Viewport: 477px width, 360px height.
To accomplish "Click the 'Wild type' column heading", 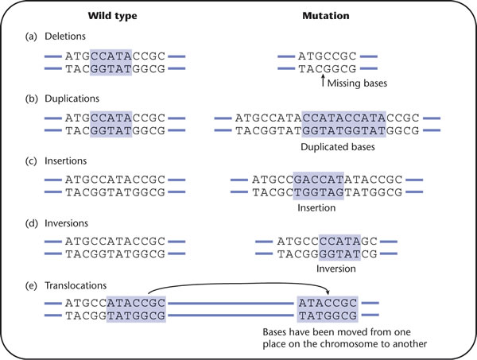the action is click(112, 16).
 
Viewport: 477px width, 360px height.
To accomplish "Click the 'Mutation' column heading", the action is click(326, 16).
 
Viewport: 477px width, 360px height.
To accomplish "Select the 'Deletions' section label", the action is click(65, 37).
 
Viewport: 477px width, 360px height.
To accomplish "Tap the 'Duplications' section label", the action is click(72, 99).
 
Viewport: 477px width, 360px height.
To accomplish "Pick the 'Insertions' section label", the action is click(66, 161).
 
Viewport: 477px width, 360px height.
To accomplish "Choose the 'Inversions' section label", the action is click(66, 223).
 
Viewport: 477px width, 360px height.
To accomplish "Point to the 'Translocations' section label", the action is click(76, 285).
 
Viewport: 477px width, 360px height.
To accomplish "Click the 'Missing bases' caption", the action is click(357, 83).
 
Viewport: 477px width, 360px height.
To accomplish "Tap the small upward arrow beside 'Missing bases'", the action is click(323, 81).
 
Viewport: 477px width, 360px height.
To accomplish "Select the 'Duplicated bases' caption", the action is click(338, 147).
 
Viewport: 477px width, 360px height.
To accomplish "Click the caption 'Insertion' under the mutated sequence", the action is click(316, 208).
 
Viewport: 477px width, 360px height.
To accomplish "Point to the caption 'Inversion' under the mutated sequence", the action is click(335, 269).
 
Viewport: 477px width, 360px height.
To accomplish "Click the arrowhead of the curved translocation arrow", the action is click(328, 292).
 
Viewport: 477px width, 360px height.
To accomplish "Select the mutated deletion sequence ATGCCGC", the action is click(327, 56).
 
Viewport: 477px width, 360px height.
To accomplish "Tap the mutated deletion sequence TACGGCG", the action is click(327, 69).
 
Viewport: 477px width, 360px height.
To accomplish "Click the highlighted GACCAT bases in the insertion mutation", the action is click(319, 180).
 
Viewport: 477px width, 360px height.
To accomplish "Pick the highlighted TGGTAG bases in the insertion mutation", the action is click(319, 192).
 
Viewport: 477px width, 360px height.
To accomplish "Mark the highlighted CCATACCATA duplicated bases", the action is click(344, 118).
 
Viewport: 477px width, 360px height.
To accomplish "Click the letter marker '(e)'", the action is click(31, 285).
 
